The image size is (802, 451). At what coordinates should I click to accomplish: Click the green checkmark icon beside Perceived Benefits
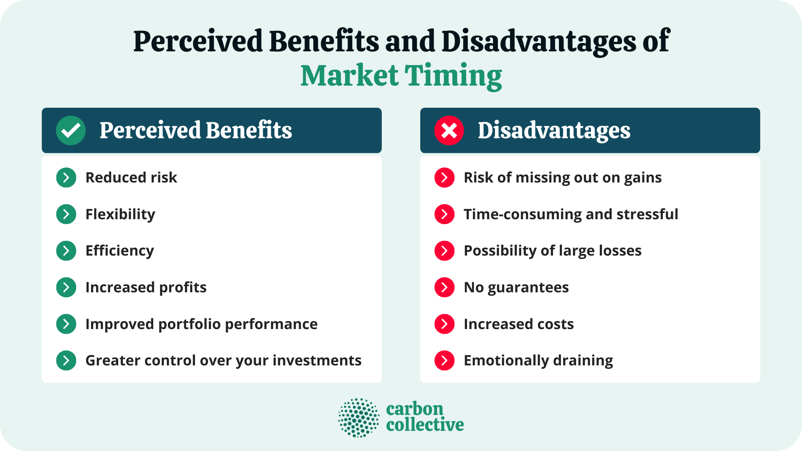(x=71, y=130)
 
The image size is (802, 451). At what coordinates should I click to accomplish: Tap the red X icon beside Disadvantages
(x=449, y=130)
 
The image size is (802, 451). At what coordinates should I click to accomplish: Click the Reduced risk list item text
(x=131, y=177)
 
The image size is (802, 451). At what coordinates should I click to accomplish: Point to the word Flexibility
(x=120, y=214)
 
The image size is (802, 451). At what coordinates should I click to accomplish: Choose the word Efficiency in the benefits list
(x=119, y=251)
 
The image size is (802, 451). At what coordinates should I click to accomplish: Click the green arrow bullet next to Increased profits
(x=66, y=287)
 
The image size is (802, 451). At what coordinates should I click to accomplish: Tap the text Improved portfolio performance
(x=201, y=324)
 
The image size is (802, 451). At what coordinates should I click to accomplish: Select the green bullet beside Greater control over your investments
(x=66, y=360)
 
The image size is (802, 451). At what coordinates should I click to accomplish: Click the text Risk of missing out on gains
(x=563, y=177)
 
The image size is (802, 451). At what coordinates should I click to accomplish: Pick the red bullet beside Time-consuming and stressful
(x=444, y=214)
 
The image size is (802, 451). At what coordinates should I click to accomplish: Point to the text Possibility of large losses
(x=553, y=251)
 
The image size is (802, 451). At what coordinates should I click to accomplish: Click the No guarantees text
(x=516, y=287)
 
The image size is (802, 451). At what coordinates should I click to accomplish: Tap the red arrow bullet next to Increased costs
(x=444, y=324)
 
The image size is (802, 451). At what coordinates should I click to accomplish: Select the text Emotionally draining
(x=538, y=360)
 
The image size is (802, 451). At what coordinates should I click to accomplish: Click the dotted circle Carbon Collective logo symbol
(x=358, y=418)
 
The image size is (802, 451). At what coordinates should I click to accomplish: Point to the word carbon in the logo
(x=414, y=409)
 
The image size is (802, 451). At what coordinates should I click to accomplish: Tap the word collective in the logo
(x=425, y=425)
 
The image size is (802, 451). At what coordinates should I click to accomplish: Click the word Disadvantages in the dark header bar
(x=554, y=130)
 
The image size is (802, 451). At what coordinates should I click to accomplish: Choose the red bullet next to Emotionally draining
(x=444, y=360)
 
